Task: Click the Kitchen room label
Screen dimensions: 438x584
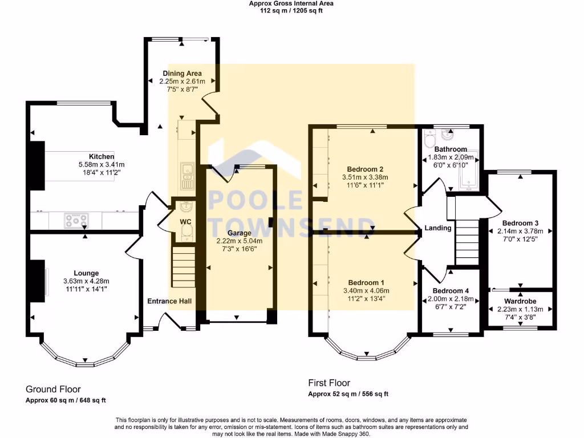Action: [x=102, y=156]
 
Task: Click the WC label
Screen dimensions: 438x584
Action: [x=185, y=221]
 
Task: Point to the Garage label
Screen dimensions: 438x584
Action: [x=239, y=233]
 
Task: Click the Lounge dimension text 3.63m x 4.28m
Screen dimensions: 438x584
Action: [x=86, y=281]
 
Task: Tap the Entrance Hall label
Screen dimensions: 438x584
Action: [x=169, y=301]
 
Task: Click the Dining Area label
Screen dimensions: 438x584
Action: [x=182, y=74]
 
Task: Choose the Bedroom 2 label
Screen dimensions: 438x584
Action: [x=365, y=169]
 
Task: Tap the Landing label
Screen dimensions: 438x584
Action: [x=438, y=228]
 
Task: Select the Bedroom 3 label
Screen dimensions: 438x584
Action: [x=520, y=223]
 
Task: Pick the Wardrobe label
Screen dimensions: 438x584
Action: [x=520, y=301]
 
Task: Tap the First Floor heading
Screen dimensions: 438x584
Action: [x=329, y=383]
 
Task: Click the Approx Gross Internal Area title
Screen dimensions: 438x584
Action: [x=291, y=3]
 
